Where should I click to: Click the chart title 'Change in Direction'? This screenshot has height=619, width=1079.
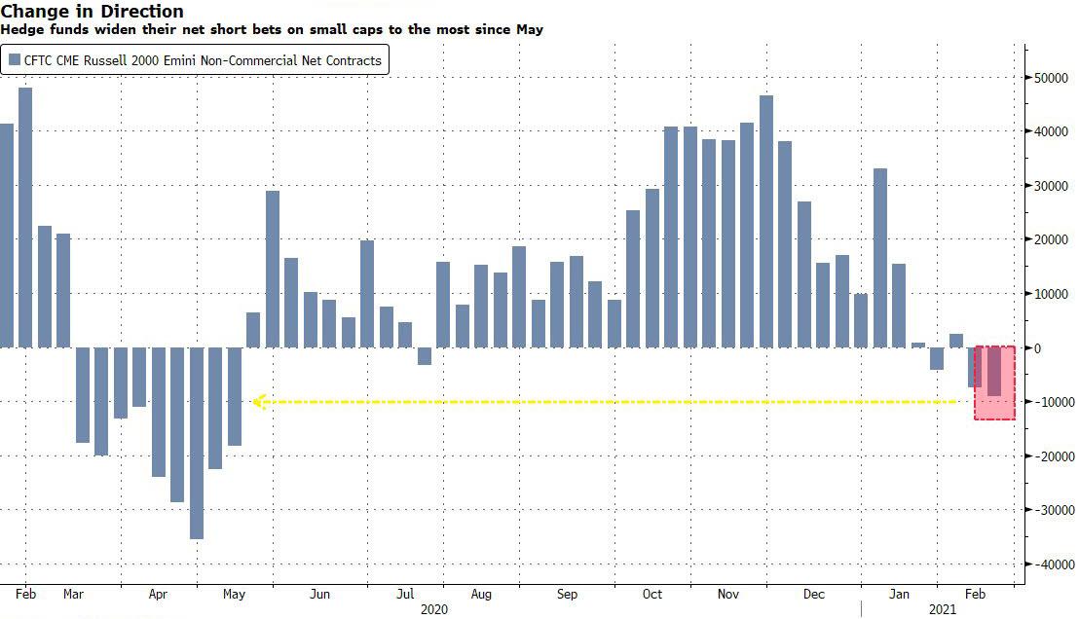(93, 12)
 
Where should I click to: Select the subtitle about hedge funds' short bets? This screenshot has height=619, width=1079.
(272, 29)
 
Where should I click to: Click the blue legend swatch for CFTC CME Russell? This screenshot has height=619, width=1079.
(14, 61)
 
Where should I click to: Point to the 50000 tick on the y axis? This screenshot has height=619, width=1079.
(1052, 78)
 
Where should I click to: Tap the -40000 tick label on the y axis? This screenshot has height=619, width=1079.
(1051, 564)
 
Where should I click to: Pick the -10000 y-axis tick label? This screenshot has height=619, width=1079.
(1051, 402)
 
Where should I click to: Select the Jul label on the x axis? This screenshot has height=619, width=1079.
(405, 594)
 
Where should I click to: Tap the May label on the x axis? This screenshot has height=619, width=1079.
(234, 594)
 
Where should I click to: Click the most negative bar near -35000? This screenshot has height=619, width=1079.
(197, 443)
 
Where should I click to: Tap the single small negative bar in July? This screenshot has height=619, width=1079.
(425, 356)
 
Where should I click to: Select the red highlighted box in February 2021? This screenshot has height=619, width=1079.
(995, 382)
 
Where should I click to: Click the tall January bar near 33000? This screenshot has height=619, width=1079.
(880, 258)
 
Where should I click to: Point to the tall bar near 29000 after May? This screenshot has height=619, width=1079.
(273, 269)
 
